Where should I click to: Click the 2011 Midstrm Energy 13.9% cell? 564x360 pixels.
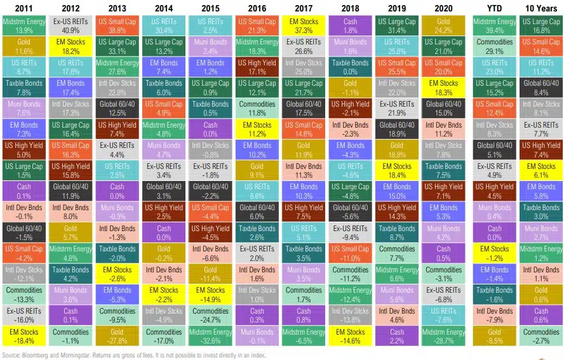tap(23, 26)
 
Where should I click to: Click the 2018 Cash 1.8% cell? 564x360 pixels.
tap(349, 26)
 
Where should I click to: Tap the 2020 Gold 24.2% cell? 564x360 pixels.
tap(443, 26)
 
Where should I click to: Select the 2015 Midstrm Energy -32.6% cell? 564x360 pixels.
tap(210, 336)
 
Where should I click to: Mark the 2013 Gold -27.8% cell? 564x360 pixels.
tap(117, 336)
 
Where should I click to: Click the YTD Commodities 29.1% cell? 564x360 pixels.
tap(494, 46)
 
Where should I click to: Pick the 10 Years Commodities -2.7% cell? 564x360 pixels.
tap(540, 336)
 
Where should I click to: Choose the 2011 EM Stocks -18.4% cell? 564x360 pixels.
tap(23, 336)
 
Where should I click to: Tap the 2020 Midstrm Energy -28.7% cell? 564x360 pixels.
tap(443, 336)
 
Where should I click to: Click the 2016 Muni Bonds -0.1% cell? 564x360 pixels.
tap(257, 336)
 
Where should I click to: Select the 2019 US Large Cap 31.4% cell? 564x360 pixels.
tap(396, 26)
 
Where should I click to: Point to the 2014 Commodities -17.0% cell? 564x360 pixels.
tap(163, 336)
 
